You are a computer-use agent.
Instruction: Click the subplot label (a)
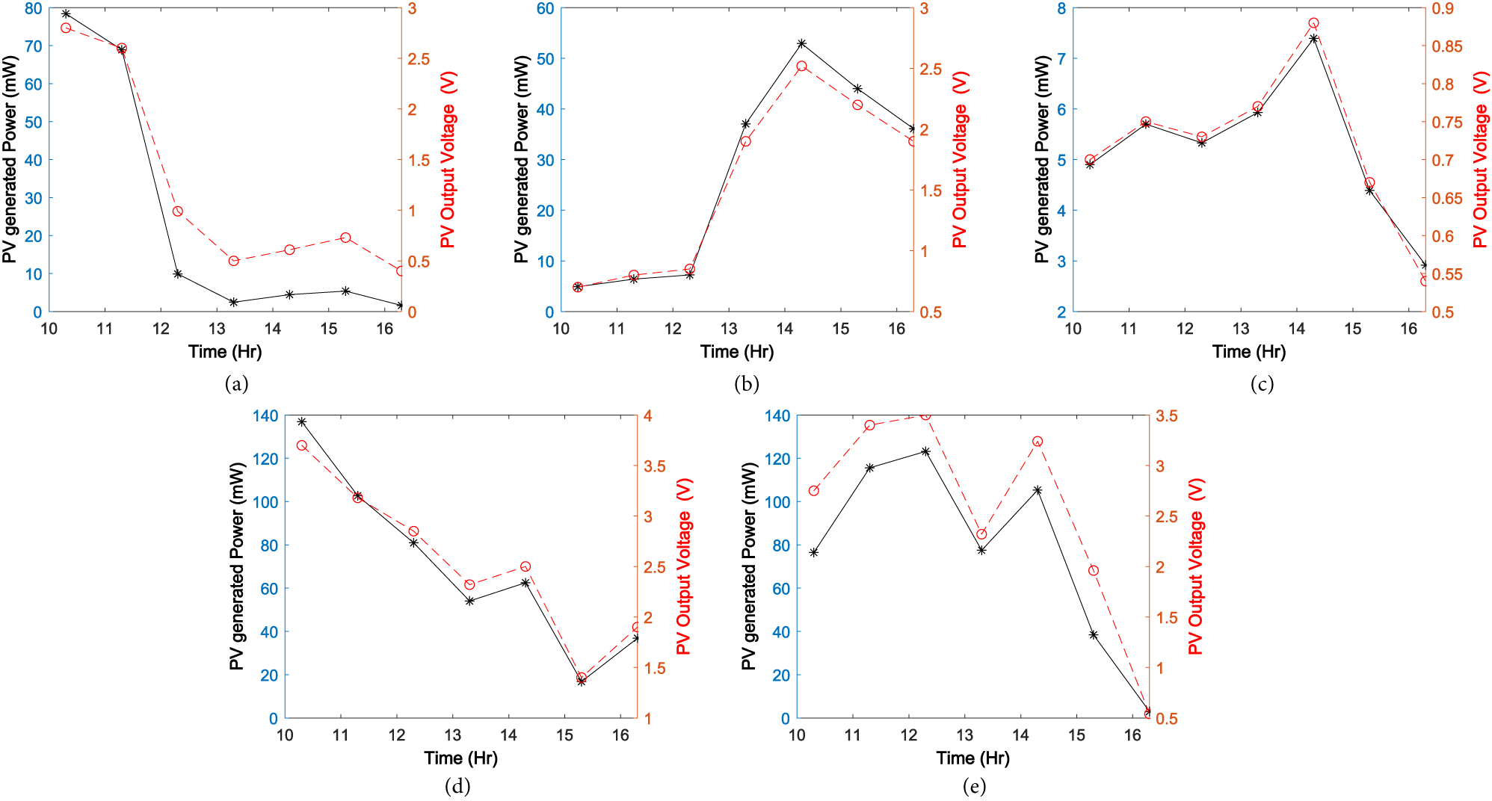coord(236,384)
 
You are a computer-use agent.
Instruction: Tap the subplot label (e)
coord(974,786)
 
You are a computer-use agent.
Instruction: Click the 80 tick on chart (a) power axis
coord(34,9)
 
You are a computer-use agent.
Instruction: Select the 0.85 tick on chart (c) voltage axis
coord(1447,46)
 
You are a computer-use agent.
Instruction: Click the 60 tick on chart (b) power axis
coord(546,9)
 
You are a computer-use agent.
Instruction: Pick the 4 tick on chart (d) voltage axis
coord(648,416)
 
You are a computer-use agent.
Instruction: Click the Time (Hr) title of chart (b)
coord(737,351)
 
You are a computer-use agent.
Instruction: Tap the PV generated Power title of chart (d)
coord(237,566)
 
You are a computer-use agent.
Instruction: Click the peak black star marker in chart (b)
coord(801,43)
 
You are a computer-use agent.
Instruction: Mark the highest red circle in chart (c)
coord(1313,23)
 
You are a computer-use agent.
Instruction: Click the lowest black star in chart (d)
coord(582,681)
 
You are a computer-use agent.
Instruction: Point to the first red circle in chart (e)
coord(813,491)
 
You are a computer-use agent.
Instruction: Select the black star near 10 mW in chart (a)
coord(178,273)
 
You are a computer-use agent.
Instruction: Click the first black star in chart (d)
coord(302,422)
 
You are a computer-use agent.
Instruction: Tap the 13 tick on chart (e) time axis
coord(965,735)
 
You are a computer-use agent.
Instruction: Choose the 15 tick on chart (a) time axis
coord(329,329)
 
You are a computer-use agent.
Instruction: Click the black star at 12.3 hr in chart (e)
coord(925,451)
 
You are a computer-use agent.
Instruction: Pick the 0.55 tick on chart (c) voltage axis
coord(1447,274)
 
